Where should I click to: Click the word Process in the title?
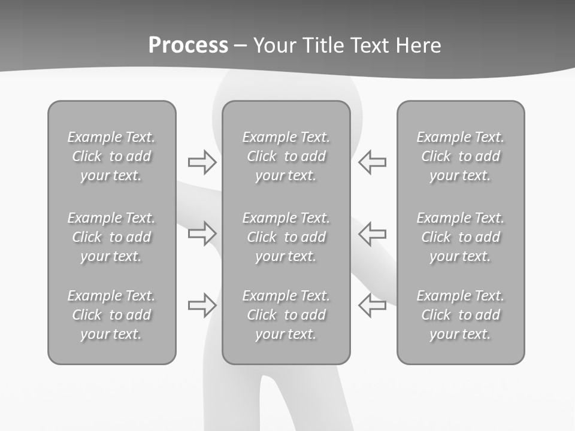(188, 45)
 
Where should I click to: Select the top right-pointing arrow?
(202, 162)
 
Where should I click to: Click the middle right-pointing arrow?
(202, 233)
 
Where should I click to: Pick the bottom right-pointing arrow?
(202, 305)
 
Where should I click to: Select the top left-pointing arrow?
(372, 162)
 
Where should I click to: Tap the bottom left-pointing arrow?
(372, 305)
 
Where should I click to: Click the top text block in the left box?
(111, 156)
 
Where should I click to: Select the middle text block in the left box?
(111, 237)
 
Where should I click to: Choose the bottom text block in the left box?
(111, 315)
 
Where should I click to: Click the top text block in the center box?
(286, 156)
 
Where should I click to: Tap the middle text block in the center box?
(286, 237)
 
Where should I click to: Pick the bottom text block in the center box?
(286, 315)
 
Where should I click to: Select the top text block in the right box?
(460, 156)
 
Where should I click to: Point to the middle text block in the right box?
(460, 237)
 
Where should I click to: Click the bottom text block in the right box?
(460, 315)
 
